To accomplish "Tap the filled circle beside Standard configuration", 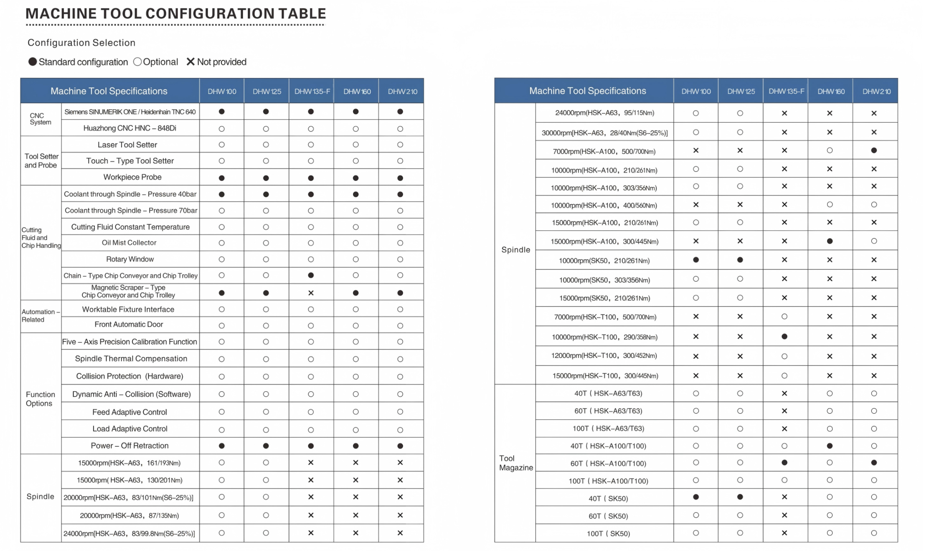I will pyautogui.click(x=33, y=62).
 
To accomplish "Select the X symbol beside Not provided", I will pyautogui.click(x=190, y=62).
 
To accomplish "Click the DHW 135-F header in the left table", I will pyautogui.click(x=312, y=92).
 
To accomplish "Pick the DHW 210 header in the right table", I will pyautogui.click(x=876, y=92).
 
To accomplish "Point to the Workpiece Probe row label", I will pyautogui.click(x=133, y=177).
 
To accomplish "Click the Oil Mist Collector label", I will pyautogui.click(x=129, y=243).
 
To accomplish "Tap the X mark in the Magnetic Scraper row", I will pyautogui.click(x=311, y=293).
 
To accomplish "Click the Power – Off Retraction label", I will pyautogui.click(x=130, y=446).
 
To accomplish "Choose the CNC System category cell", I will pyautogui.click(x=41, y=119).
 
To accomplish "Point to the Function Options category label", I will pyautogui.click(x=40, y=399).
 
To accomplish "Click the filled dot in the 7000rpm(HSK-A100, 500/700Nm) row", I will pyautogui.click(x=874, y=150).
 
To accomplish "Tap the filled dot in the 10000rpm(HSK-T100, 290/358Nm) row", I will pyautogui.click(x=784, y=337).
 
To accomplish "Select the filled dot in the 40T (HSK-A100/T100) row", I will pyautogui.click(x=829, y=446).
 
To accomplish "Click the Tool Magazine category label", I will pyautogui.click(x=516, y=463).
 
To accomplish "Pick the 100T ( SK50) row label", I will pyautogui.click(x=608, y=533).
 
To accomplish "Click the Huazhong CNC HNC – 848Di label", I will pyautogui.click(x=130, y=128).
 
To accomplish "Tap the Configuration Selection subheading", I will pyautogui.click(x=81, y=43).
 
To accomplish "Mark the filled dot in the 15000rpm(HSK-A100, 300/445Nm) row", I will pyautogui.click(x=829, y=241).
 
